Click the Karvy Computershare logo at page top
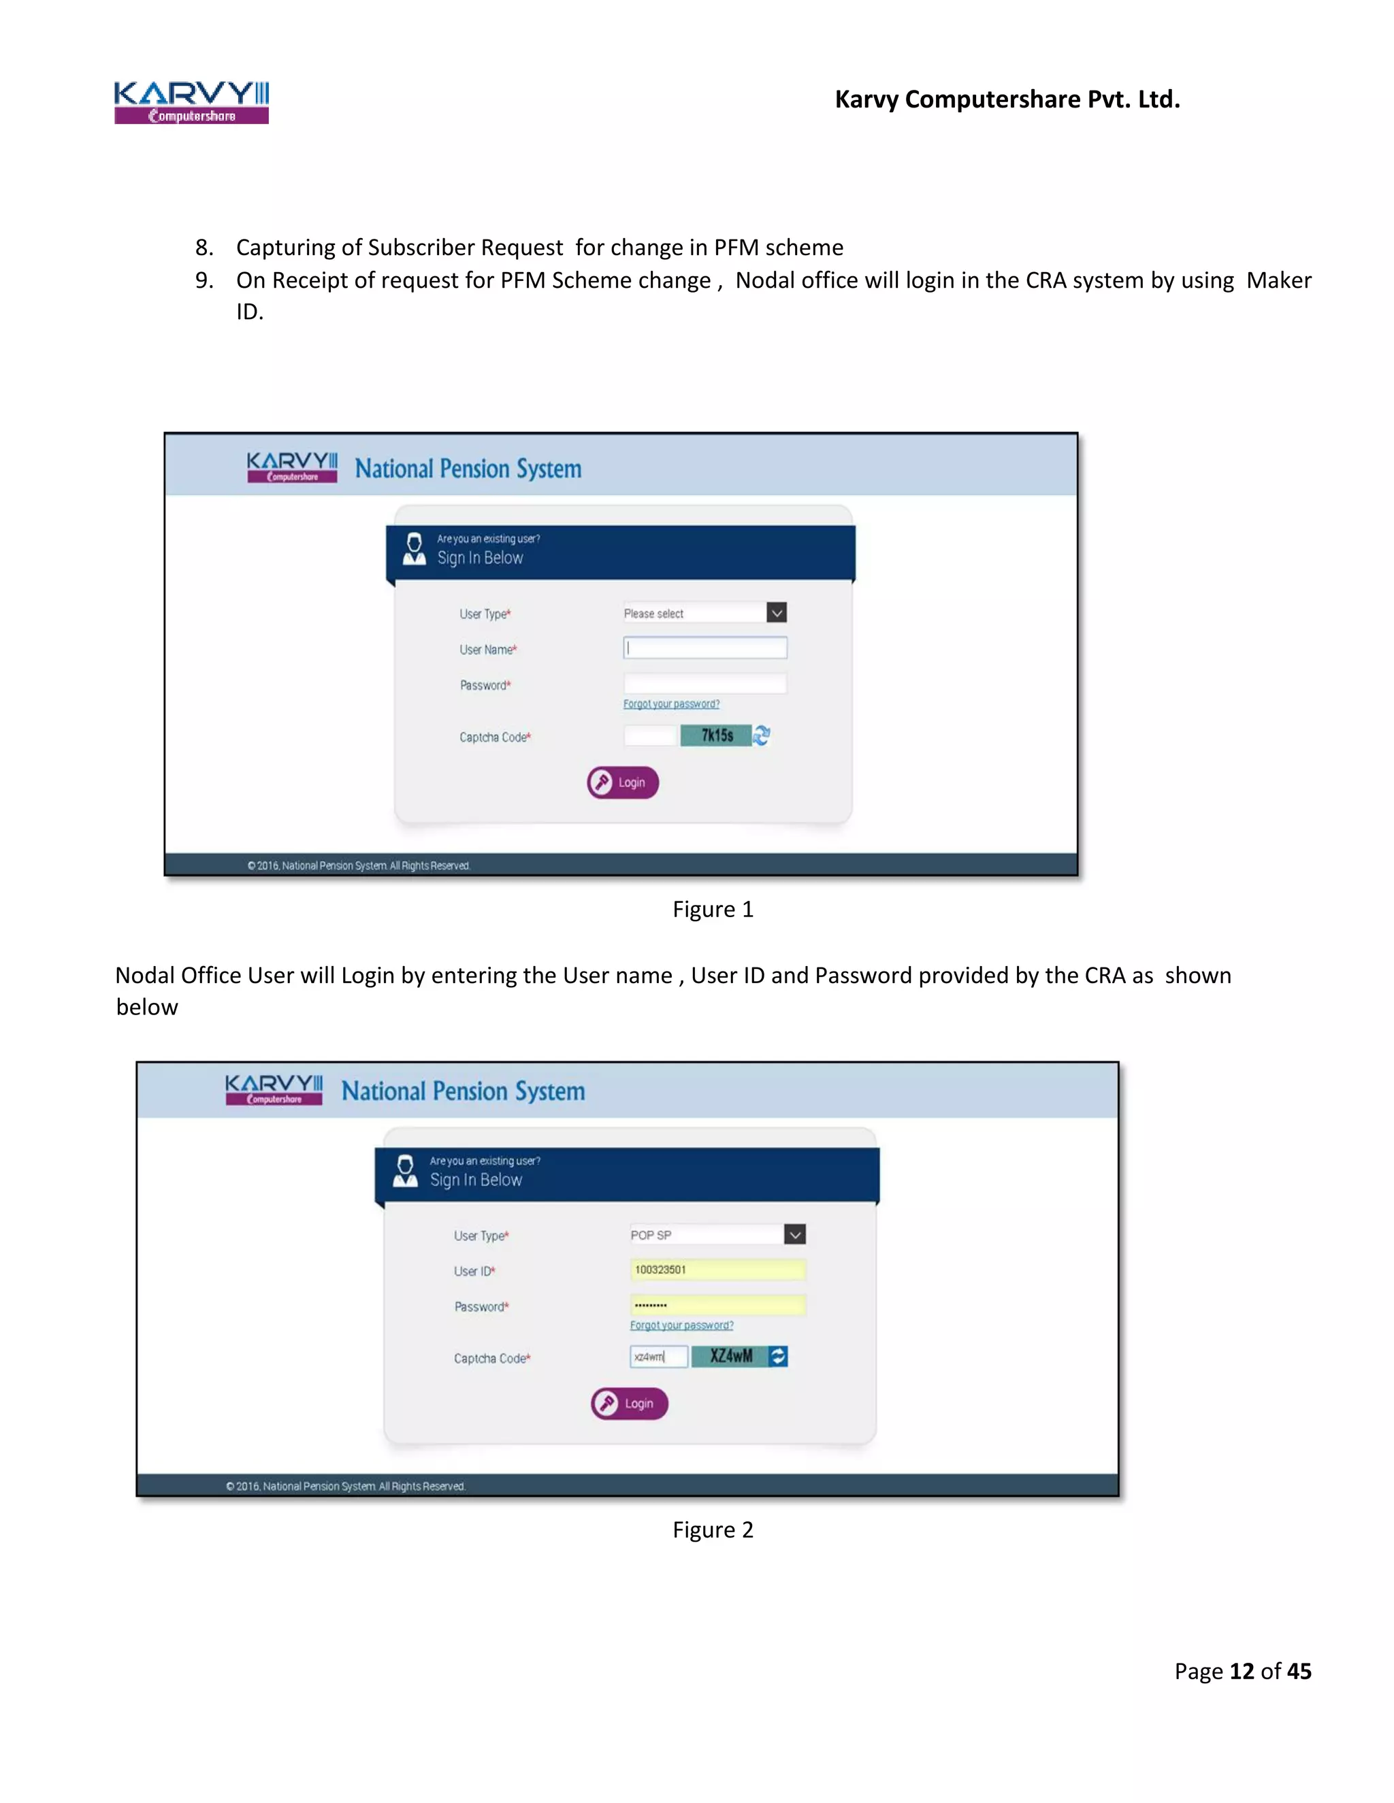pyautogui.click(x=191, y=102)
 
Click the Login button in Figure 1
pyautogui.click(x=623, y=782)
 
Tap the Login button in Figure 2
pyautogui.click(x=630, y=1404)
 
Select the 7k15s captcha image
pyautogui.click(x=715, y=735)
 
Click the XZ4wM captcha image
pyautogui.click(x=730, y=1357)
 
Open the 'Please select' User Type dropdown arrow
pyautogui.click(x=776, y=612)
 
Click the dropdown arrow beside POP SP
pyautogui.click(x=794, y=1235)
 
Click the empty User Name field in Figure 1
pyautogui.click(x=704, y=648)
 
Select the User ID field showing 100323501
pyautogui.click(x=717, y=1270)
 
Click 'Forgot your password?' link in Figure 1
pyautogui.click(x=670, y=704)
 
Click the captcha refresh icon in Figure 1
pyautogui.click(x=762, y=735)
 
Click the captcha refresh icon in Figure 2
pyautogui.click(x=778, y=1357)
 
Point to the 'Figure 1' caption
pyautogui.click(x=713, y=909)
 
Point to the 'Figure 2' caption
pyautogui.click(x=713, y=1529)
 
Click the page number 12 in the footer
pyautogui.click(x=1242, y=1671)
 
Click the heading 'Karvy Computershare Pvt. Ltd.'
pyautogui.click(x=1007, y=99)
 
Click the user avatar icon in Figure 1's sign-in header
pyautogui.click(x=414, y=549)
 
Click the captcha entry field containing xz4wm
pyautogui.click(x=658, y=1357)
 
